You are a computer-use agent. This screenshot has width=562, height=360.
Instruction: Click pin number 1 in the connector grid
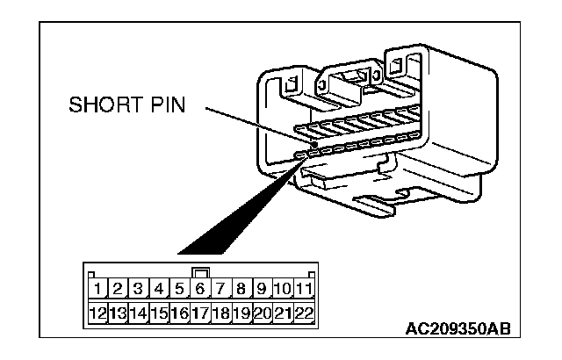tap(98, 289)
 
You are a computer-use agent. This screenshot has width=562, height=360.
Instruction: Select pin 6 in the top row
tap(199, 289)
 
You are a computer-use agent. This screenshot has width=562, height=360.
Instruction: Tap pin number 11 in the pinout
tap(305, 289)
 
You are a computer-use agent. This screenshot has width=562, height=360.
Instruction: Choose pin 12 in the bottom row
tap(98, 313)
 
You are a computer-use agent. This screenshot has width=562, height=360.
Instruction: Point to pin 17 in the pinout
tap(199, 313)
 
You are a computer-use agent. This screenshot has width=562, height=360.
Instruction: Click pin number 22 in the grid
tap(305, 313)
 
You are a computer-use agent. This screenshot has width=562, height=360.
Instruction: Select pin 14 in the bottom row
tap(139, 313)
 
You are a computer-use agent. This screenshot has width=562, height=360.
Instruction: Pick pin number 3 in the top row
tap(139, 289)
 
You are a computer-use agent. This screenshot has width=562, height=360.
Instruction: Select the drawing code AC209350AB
tap(457, 331)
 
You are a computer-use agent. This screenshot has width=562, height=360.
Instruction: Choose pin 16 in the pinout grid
tap(179, 313)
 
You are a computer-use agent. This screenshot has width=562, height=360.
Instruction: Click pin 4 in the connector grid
tap(159, 289)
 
